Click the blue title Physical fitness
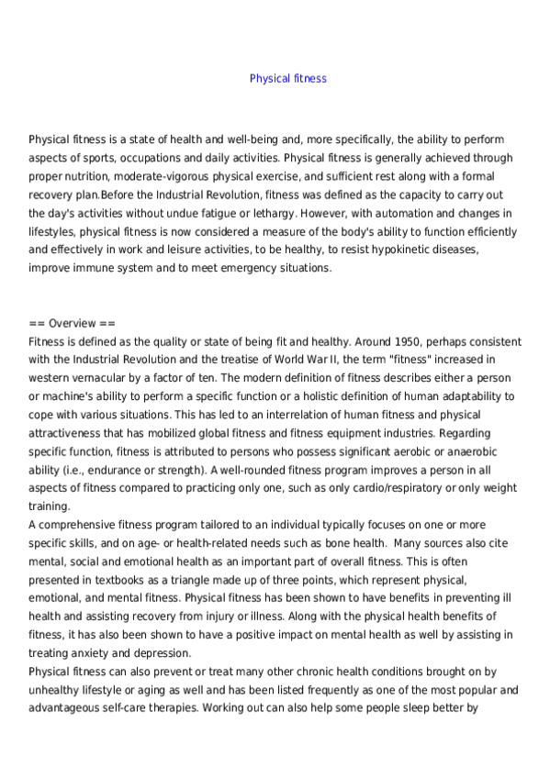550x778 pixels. click(x=287, y=79)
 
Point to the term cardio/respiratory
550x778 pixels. click(x=392, y=488)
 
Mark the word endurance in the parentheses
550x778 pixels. click(x=92, y=470)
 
